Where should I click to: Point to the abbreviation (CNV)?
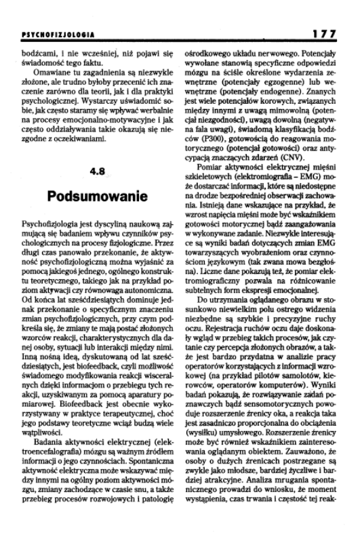click(x=281, y=171)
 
